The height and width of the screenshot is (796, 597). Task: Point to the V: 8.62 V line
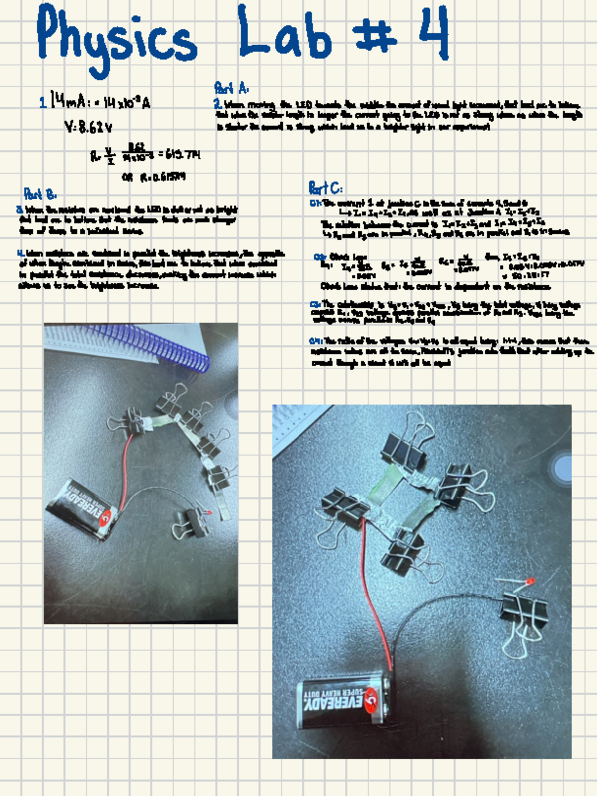[88, 128]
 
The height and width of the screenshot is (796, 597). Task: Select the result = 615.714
[179, 155]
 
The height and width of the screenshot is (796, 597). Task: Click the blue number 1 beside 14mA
[43, 103]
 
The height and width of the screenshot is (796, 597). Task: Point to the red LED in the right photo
[530, 581]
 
